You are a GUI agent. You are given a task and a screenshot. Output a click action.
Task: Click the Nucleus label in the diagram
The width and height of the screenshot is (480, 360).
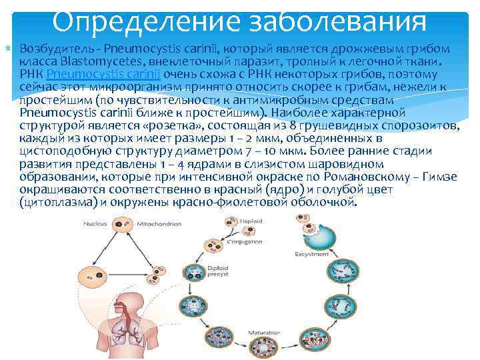pos(94,225)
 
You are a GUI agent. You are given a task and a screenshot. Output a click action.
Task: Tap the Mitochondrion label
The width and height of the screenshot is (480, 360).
pos(158,225)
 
